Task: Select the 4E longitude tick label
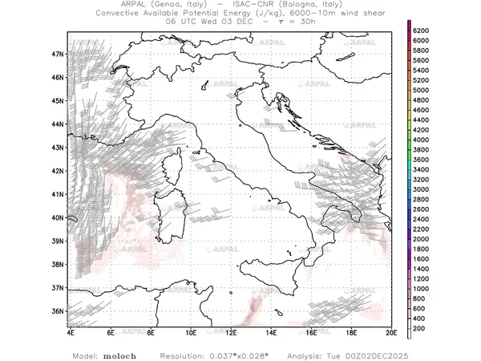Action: pos(71,331)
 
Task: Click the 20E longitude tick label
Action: pos(390,331)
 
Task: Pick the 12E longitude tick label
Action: pos(231,331)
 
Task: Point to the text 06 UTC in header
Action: pos(181,22)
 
